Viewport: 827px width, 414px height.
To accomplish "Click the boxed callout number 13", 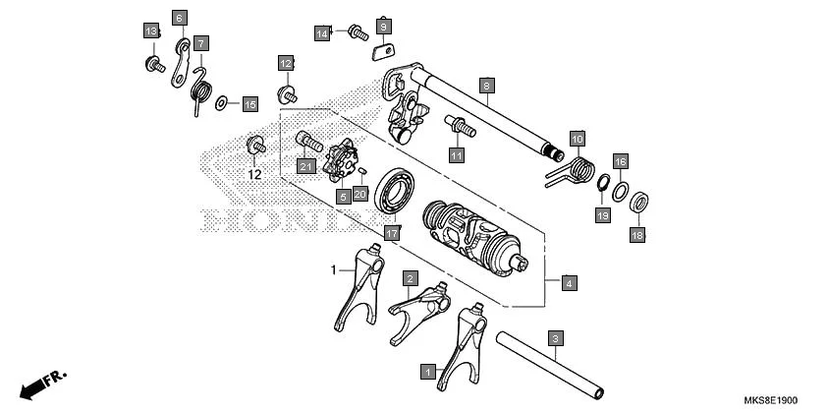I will click(x=151, y=32).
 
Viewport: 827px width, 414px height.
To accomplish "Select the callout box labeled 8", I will click(x=484, y=86).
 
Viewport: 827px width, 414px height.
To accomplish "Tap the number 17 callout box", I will click(x=391, y=233).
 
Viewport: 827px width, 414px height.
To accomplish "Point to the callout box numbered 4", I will click(x=570, y=283).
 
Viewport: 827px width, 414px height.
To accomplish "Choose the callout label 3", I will click(x=555, y=339).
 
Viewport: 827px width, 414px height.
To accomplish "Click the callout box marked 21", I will click(x=305, y=166).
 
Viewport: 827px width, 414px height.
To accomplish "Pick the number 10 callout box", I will click(x=577, y=139).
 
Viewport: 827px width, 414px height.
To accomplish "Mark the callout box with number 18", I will click(x=636, y=235).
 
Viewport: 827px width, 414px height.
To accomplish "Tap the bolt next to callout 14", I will click(x=357, y=33).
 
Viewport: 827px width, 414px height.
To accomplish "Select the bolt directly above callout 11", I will click(x=460, y=126).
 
